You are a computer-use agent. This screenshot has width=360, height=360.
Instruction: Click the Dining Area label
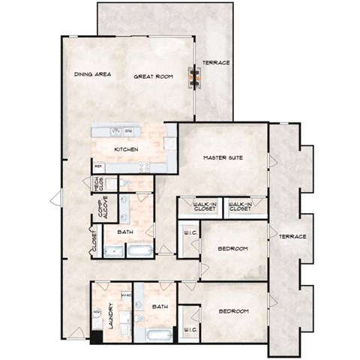(93, 75)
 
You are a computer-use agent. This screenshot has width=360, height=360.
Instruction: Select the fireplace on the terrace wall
(196, 76)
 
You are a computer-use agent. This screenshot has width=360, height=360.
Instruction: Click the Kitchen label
(126, 149)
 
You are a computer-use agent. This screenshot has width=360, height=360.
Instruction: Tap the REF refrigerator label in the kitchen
(98, 166)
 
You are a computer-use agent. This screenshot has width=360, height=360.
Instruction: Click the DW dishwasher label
(129, 131)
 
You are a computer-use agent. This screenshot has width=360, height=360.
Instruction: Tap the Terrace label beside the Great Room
(217, 62)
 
